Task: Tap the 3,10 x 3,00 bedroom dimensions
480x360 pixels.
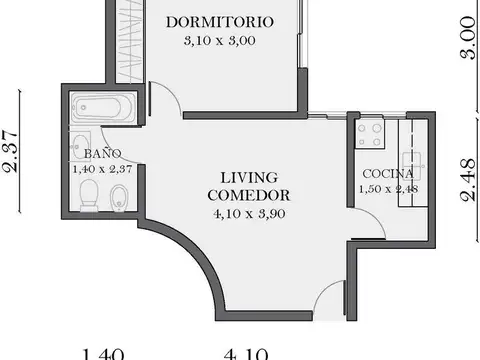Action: (219, 41)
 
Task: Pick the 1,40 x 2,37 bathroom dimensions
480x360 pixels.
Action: (104, 169)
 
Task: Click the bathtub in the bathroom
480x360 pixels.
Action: (103, 108)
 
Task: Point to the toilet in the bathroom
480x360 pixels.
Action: (88, 196)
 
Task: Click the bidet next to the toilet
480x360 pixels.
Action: (118, 196)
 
